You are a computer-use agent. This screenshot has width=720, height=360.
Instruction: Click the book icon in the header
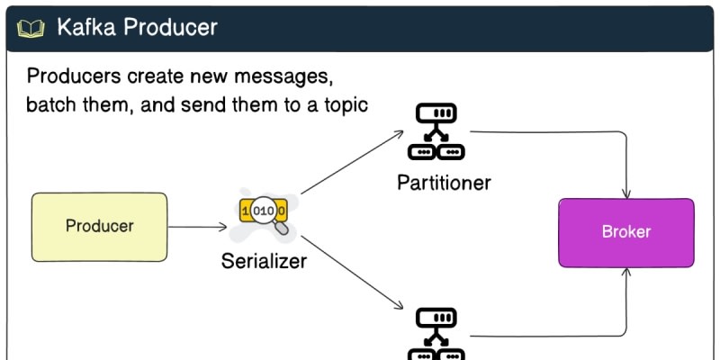point(31,28)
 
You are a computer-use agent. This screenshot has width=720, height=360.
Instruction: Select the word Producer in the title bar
point(170,27)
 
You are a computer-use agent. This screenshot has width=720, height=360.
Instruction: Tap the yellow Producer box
point(99,226)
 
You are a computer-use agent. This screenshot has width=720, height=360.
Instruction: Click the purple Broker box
point(625,232)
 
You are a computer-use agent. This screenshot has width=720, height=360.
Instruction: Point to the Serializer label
point(264,262)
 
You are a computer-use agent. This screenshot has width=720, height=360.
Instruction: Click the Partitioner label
point(444,183)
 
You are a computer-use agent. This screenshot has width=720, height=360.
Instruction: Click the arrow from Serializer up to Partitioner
point(352,163)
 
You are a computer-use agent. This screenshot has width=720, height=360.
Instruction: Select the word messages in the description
point(280,75)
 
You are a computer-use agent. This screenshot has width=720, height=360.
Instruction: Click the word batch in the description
point(51,104)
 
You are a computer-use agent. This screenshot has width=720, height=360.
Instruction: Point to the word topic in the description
point(345,104)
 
